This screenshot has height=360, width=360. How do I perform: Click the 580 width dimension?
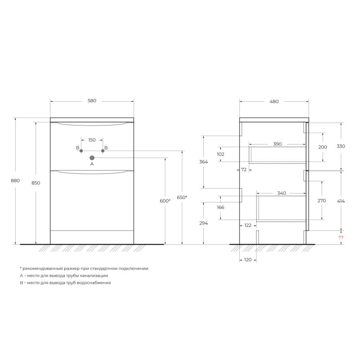click(x=92, y=101)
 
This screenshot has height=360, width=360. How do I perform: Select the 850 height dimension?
click(x=36, y=183)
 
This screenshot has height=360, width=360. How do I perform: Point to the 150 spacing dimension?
click(x=92, y=140)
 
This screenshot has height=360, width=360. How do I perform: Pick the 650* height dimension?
click(x=182, y=198)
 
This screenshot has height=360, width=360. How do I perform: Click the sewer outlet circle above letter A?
click(x=92, y=157)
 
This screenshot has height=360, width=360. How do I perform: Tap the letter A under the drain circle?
click(x=92, y=165)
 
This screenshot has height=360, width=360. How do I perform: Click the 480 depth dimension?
click(x=274, y=101)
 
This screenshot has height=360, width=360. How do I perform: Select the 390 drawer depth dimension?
click(x=277, y=144)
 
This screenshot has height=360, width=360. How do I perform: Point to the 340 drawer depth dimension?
click(x=281, y=193)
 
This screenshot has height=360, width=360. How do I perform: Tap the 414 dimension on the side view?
click(x=341, y=201)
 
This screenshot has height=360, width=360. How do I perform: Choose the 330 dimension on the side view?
click(x=341, y=146)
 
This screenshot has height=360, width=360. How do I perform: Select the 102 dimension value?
click(x=220, y=154)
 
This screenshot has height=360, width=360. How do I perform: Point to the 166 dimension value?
click(x=220, y=207)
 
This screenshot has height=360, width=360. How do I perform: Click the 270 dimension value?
click(x=322, y=201)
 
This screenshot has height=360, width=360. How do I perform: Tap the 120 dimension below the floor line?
click(x=247, y=260)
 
